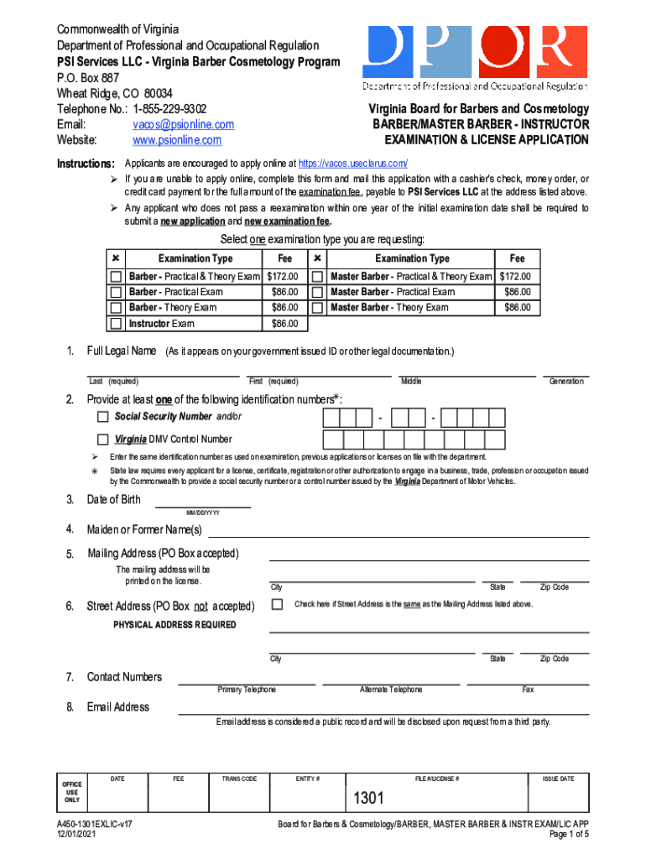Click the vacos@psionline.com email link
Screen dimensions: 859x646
[x=183, y=124]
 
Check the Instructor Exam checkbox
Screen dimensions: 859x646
[x=117, y=324]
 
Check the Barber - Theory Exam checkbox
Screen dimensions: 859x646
[x=117, y=308]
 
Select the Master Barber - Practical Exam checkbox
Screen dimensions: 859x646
[x=318, y=292]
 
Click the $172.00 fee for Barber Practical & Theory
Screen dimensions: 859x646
[x=282, y=276]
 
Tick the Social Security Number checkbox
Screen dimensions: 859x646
[x=102, y=417]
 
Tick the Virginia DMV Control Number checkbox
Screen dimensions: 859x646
[x=102, y=439]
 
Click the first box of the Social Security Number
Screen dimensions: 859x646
[x=331, y=418]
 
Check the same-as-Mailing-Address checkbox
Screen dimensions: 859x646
[x=277, y=604]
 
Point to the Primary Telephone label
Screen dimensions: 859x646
[x=246, y=690]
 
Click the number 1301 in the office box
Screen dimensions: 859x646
[x=368, y=799]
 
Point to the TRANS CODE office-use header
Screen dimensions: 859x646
[x=239, y=779]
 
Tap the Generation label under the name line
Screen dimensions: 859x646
[x=565, y=382]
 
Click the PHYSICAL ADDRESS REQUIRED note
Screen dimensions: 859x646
[x=175, y=625]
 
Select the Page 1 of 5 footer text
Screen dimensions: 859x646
[x=569, y=836]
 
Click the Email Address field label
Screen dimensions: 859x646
[x=118, y=707]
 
